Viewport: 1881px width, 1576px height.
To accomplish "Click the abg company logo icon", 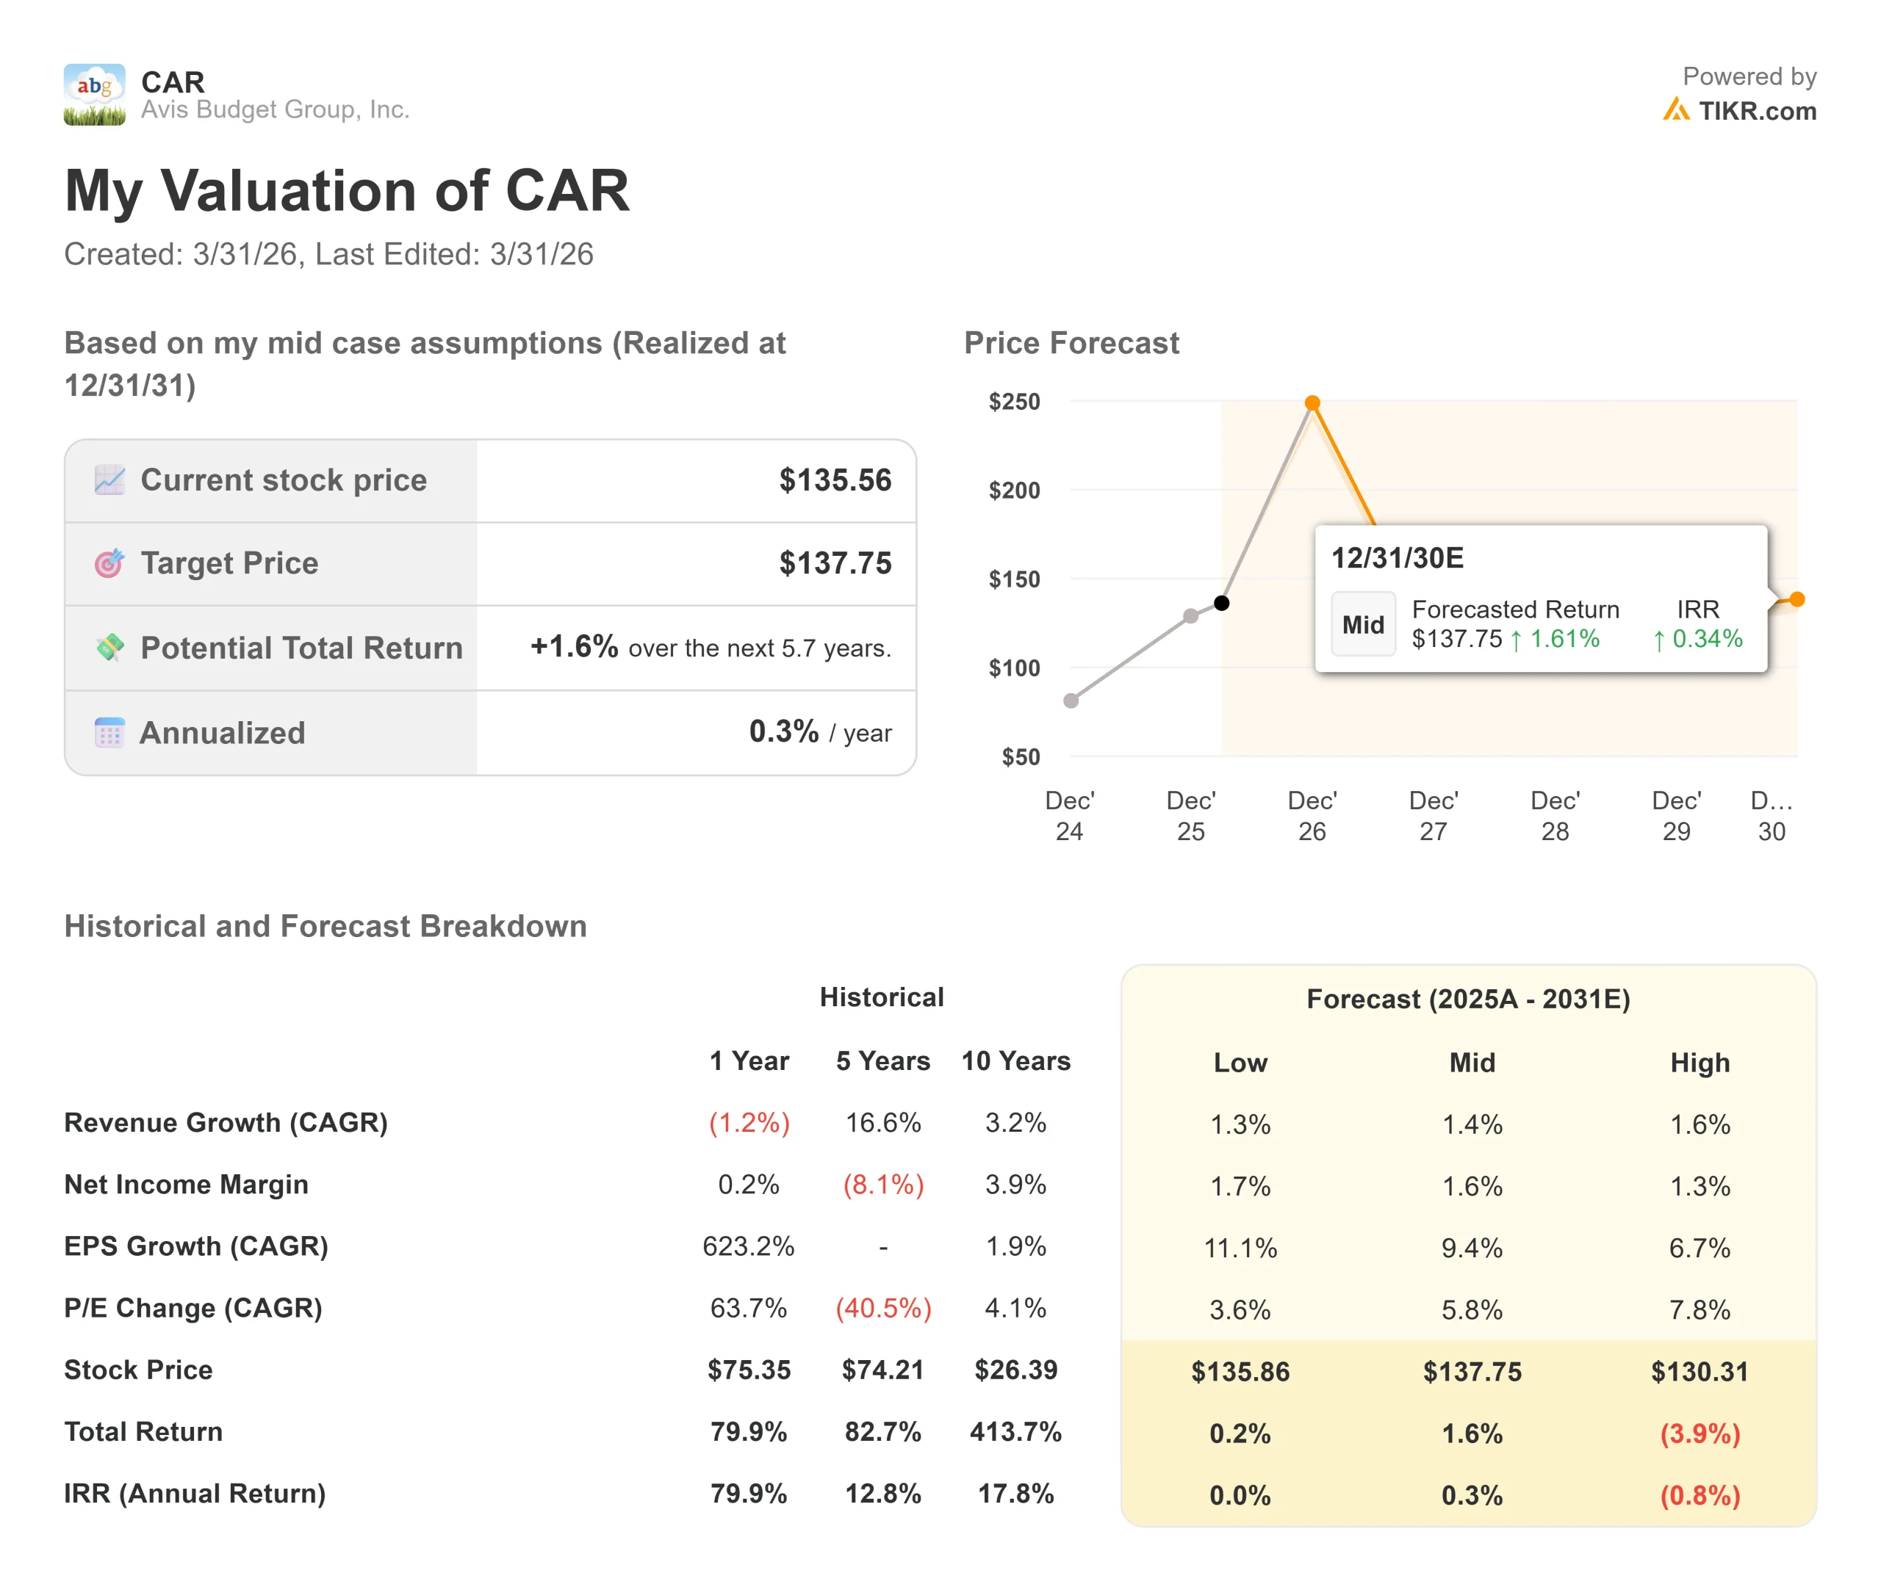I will click(x=94, y=94).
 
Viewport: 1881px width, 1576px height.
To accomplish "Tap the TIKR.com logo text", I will click(x=1757, y=111).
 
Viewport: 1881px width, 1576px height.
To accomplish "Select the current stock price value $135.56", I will click(x=835, y=480).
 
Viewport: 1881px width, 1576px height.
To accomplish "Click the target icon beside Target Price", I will click(x=109, y=563).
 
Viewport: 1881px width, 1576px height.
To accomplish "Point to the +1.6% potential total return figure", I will click(x=574, y=646).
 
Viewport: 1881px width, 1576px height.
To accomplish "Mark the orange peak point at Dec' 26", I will click(x=1312, y=403).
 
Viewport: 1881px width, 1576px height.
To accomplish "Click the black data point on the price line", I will click(x=1222, y=603).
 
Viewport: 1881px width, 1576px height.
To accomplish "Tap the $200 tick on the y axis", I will click(x=1014, y=491).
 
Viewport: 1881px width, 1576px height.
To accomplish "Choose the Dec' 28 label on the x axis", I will click(x=1555, y=816).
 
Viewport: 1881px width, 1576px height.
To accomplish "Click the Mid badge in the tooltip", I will click(x=1362, y=624).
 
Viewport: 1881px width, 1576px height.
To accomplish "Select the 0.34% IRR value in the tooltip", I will click(x=1706, y=638).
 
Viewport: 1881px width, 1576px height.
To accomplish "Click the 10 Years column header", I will click(x=1015, y=1061).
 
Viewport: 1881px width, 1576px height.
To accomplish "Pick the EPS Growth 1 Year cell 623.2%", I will click(x=748, y=1246).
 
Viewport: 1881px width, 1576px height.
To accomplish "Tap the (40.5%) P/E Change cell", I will click(x=883, y=1308).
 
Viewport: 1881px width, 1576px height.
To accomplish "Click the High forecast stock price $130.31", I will click(x=1700, y=1371).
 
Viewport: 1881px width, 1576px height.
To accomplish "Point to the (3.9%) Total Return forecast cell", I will click(x=1700, y=1434).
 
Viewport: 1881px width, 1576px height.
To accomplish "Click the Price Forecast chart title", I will click(x=1071, y=343).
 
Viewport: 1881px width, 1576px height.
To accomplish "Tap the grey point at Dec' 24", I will click(x=1071, y=701).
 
